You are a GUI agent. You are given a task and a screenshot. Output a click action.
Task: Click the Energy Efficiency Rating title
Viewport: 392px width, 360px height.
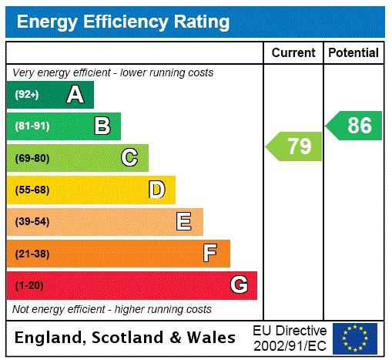point(123,21)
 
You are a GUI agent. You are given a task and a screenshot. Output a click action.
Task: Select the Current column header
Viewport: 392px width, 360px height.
point(293,52)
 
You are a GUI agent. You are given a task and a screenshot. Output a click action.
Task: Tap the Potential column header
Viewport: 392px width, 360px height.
point(353,52)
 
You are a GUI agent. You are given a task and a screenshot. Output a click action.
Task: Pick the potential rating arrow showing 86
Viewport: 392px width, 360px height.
point(355,125)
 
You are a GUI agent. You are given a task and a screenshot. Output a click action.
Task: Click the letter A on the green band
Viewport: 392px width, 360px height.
point(75,95)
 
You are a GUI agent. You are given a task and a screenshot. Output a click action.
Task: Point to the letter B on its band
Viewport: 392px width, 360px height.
point(102,126)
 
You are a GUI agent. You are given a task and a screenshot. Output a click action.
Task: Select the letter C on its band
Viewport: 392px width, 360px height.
point(129,158)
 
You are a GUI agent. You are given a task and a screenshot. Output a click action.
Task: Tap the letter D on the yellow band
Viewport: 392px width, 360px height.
point(156,190)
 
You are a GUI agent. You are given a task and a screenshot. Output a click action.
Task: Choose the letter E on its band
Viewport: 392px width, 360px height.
point(184,222)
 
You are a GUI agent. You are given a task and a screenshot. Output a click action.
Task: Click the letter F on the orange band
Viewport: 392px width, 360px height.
point(210,253)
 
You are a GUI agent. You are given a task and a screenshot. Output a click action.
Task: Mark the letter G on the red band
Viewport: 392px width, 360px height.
point(240,285)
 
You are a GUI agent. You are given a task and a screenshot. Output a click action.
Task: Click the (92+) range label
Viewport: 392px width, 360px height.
point(27,95)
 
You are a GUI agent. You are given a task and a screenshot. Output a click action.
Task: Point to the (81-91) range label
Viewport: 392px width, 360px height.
point(32,126)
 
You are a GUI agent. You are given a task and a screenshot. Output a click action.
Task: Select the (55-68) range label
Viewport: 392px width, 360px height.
point(32,190)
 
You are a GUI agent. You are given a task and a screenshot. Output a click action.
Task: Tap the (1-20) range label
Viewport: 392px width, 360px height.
point(29,285)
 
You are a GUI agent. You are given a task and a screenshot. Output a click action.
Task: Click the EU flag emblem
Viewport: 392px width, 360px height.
point(355,337)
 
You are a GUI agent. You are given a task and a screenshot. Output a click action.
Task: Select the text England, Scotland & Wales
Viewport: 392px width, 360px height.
point(126,337)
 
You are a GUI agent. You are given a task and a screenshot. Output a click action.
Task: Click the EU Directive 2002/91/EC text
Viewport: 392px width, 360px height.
point(290,337)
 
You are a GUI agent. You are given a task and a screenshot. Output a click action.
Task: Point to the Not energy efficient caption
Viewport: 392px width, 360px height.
point(112,309)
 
